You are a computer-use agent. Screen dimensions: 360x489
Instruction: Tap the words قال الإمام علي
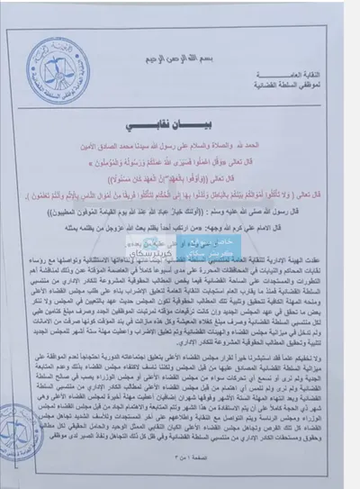click(x=302, y=231)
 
